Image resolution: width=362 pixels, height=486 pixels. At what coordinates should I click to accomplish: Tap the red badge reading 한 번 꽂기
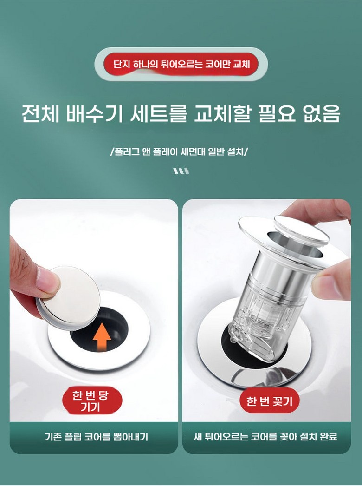coord(269,401)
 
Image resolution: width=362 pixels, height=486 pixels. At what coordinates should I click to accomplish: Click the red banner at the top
coord(181,64)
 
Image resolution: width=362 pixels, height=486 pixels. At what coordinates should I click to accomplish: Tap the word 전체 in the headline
coord(40,114)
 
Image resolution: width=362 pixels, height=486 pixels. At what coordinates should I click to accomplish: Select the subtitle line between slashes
coord(180,152)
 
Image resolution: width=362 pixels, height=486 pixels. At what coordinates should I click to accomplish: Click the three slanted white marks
coord(181,171)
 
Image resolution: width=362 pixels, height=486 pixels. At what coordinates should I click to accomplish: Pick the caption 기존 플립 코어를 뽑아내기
coord(97,437)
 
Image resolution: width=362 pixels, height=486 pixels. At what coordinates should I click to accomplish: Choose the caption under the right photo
coord(265,437)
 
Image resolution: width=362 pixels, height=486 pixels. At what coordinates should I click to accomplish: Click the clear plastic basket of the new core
coord(260,322)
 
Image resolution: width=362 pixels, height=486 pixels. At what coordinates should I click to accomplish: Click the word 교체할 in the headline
coord(221,114)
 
